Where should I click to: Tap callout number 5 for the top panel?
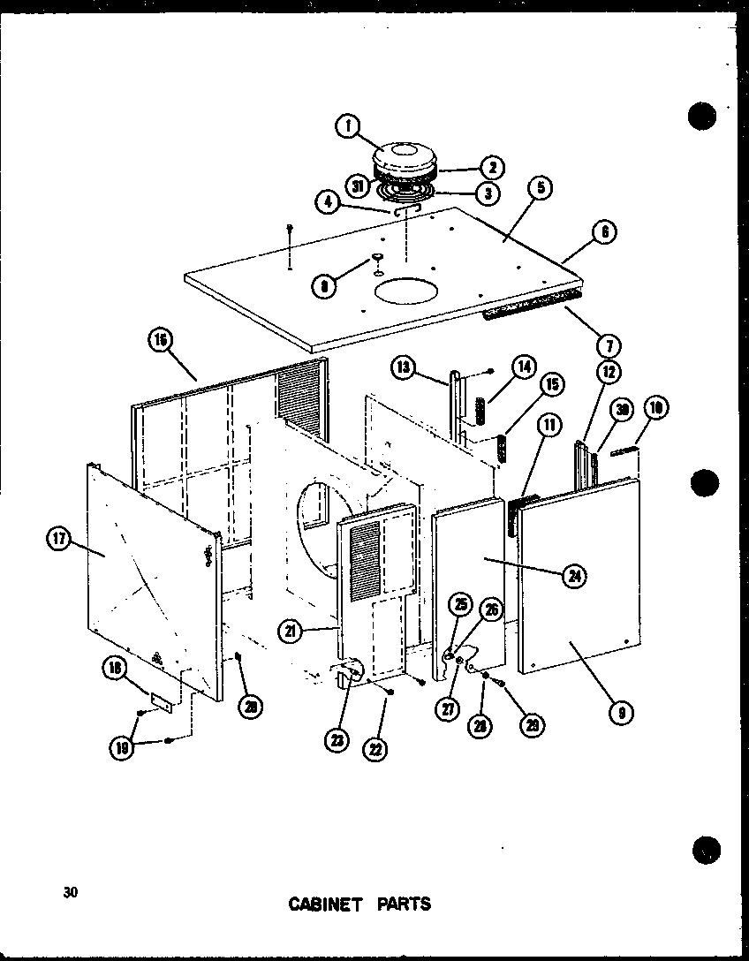pos(541,188)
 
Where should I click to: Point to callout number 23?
pos(336,742)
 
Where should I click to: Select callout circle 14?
pos(524,366)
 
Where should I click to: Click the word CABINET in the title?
pos(324,904)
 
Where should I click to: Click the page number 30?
pos(71,892)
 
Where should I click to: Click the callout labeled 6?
pos(604,232)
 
